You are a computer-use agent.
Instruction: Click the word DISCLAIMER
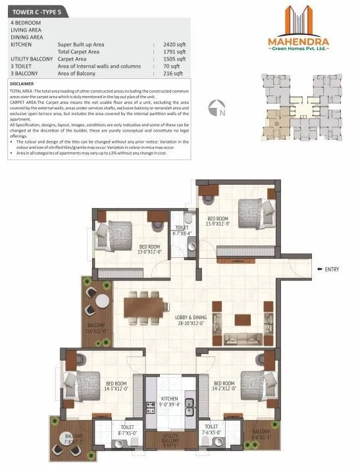(24, 84)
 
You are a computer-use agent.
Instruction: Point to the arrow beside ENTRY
(318, 269)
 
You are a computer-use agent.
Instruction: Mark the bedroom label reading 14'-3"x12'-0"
(116, 386)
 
